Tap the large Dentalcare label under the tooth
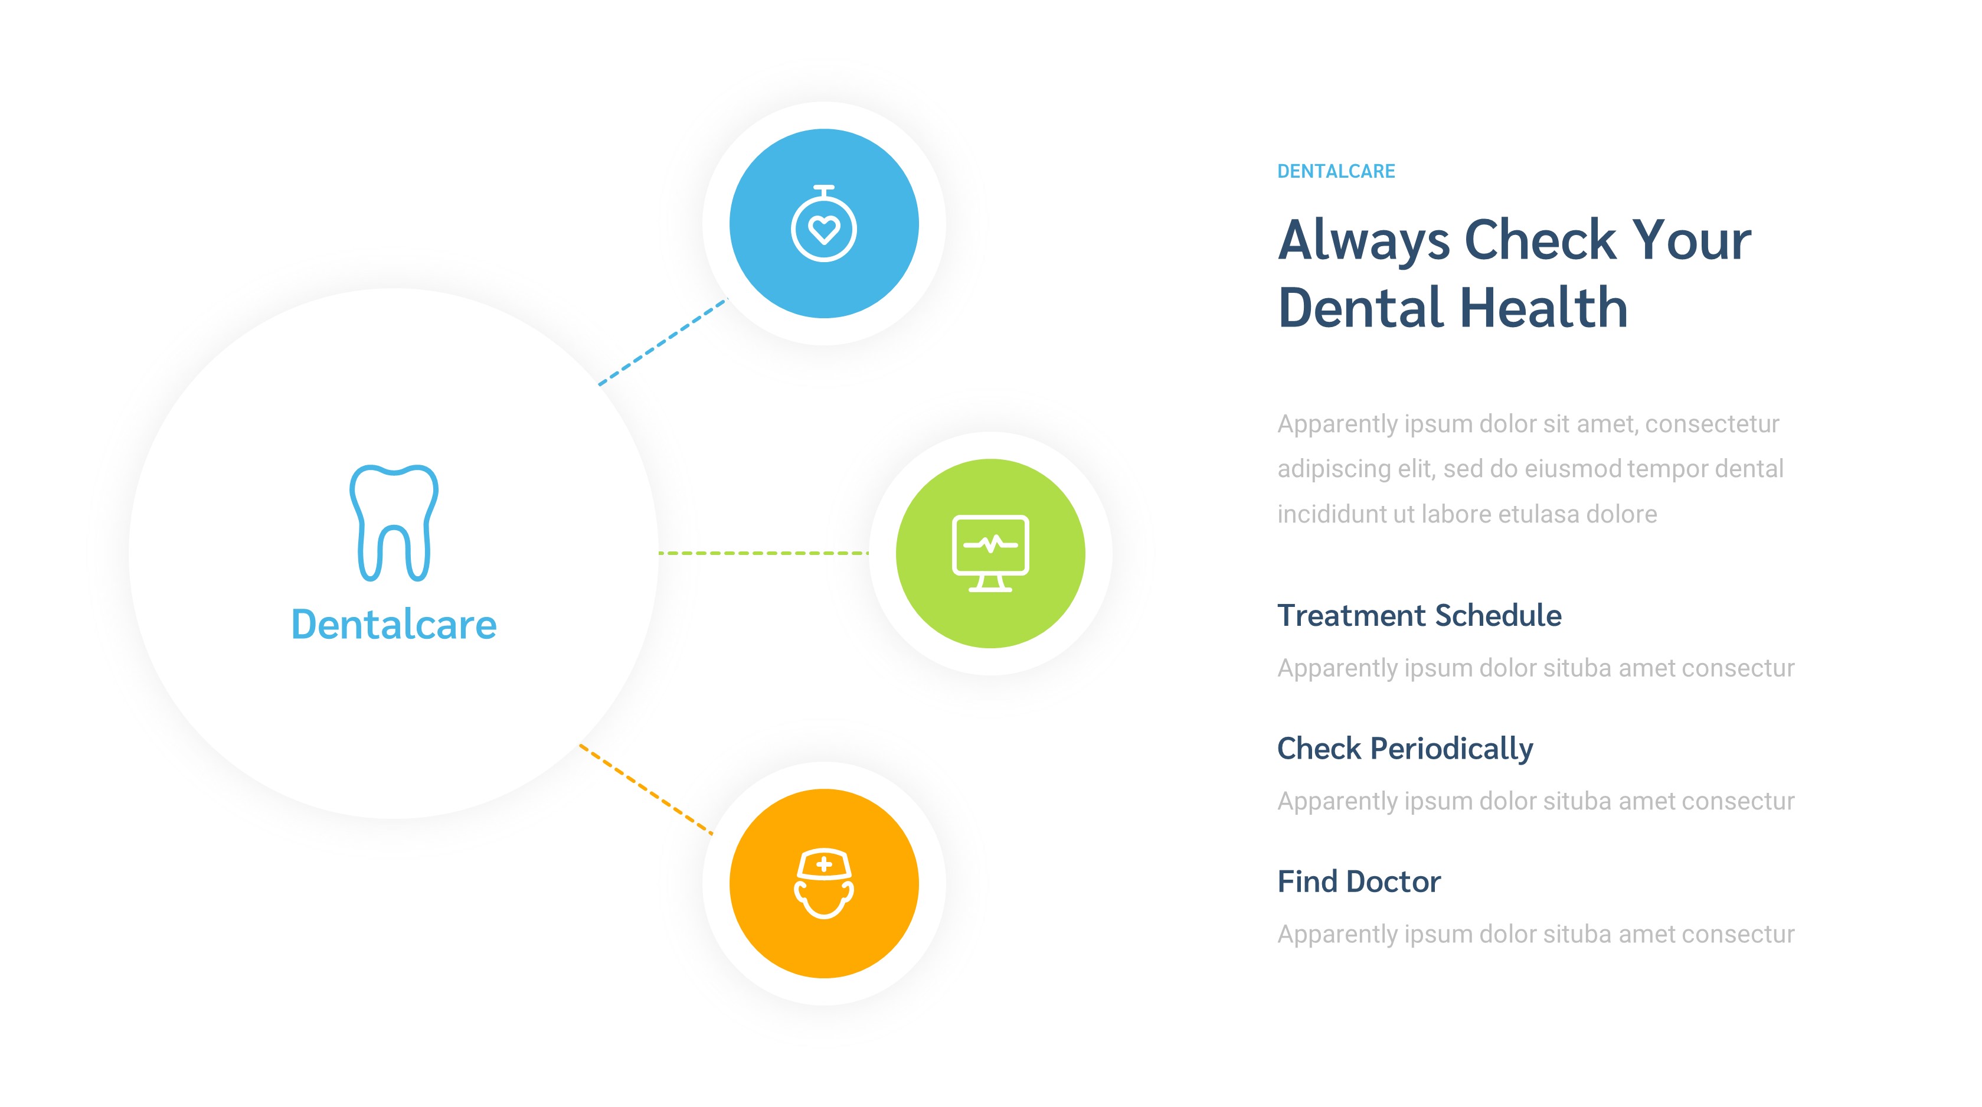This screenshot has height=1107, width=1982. pyautogui.click(x=394, y=624)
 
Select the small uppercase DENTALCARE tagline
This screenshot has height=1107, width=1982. pyautogui.click(x=1336, y=171)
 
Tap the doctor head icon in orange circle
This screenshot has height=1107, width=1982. pyautogui.click(x=824, y=884)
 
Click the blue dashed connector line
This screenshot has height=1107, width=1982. pyautogui.click(x=662, y=342)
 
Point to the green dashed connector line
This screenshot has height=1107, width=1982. pyautogui.click(x=763, y=553)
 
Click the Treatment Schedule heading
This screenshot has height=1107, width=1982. pyautogui.click(x=1419, y=616)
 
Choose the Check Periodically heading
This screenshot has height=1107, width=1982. pyautogui.click(x=1405, y=748)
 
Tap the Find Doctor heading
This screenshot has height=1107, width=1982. pyautogui.click(x=1359, y=881)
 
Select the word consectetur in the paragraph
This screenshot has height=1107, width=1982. pyautogui.click(x=1711, y=424)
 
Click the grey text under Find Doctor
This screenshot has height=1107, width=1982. pyautogui.click(x=1536, y=934)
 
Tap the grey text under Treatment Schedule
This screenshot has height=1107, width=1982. pyautogui.click(x=1536, y=668)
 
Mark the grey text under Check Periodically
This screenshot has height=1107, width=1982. pyautogui.click(x=1536, y=801)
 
